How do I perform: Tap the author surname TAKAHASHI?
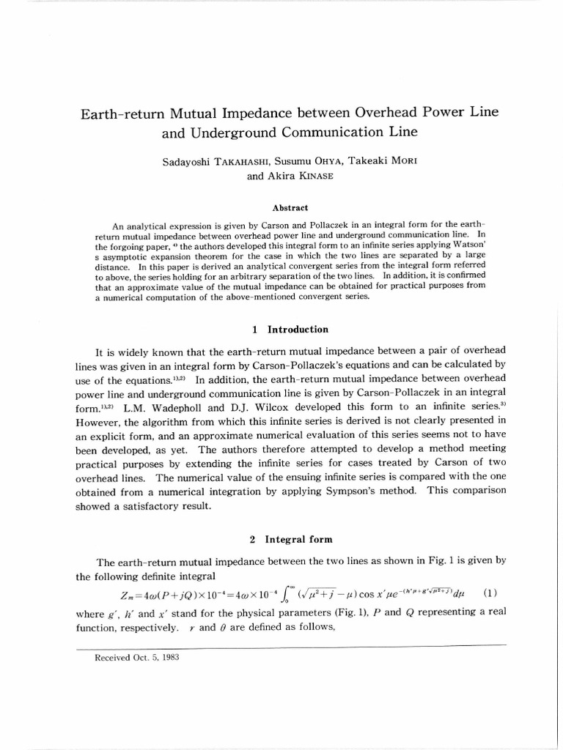click(x=229, y=161)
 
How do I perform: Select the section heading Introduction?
click(x=298, y=330)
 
